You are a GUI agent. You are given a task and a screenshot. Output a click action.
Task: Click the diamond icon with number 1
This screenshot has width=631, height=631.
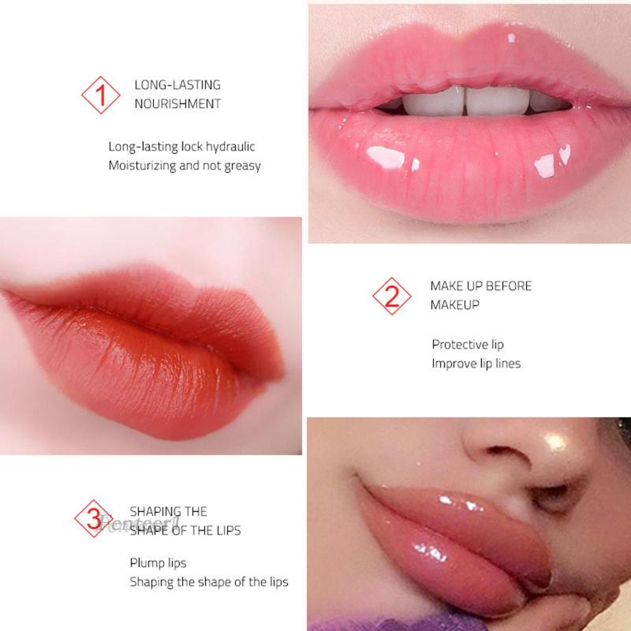(100, 95)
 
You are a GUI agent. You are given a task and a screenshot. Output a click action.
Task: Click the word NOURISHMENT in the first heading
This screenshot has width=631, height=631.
(177, 104)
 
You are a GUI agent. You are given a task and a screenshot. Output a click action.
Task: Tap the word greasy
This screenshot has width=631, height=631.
(242, 166)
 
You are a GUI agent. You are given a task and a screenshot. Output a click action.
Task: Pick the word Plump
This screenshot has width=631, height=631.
(147, 563)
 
